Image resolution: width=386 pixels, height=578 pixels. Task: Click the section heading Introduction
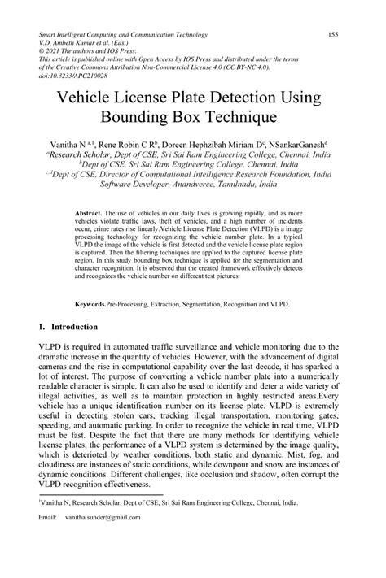tap(76, 326)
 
